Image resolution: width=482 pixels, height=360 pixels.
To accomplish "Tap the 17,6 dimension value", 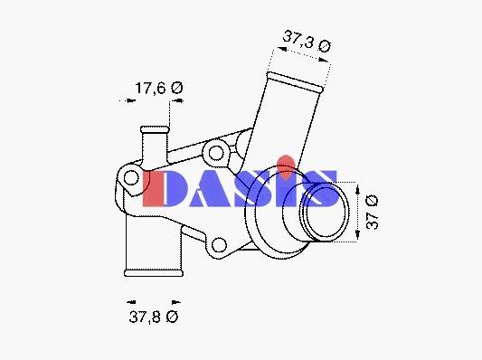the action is coord(150,89).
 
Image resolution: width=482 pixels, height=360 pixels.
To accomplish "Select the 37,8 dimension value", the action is coord(145,317).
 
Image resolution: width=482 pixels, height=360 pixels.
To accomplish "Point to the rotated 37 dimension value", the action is coord(373,220).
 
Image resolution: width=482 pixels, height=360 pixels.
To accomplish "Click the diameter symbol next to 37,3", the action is coord(325,46).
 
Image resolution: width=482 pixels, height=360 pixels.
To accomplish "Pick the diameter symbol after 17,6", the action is coord(176,88).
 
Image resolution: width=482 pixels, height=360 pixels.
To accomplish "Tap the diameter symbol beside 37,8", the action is coord(172,317).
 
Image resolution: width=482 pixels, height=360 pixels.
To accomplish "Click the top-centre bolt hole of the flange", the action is coord(216,153).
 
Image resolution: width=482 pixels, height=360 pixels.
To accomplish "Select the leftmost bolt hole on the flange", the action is coord(131,177).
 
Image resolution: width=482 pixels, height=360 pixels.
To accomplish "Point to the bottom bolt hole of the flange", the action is coord(220,245).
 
